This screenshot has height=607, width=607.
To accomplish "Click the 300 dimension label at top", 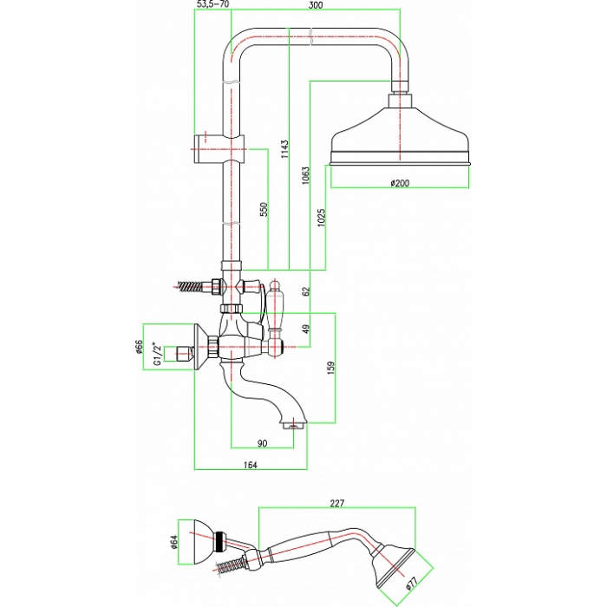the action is click(x=316, y=5).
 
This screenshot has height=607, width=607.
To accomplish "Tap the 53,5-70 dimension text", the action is click(x=213, y=4).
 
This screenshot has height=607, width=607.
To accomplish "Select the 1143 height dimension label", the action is click(x=284, y=149).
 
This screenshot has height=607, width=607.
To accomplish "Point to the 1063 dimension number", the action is click(x=306, y=175).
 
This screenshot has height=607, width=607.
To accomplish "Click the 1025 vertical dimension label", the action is click(x=321, y=218).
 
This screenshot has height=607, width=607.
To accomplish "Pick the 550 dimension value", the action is click(x=264, y=209).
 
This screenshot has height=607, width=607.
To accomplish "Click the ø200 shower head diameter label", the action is click(x=400, y=183).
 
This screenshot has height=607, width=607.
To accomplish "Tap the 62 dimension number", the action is click(x=306, y=290).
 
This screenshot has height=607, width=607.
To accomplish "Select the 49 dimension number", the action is click(x=306, y=329).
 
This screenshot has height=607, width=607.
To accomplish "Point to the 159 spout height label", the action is click(x=330, y=368).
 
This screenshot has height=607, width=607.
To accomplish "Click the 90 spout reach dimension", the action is click(x=262, y=443).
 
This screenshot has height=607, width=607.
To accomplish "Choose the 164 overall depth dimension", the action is click(x=251, y=465).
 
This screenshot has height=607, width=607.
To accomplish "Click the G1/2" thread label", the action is click(x=157, y=354).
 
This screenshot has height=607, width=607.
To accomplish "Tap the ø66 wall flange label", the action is click(x=140, y=347).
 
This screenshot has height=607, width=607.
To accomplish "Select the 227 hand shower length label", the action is click(x=336, y=503).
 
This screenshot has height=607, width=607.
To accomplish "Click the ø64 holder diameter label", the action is click(x=173, y=542).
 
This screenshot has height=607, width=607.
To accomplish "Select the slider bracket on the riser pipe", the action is click(x=219, y=149).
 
